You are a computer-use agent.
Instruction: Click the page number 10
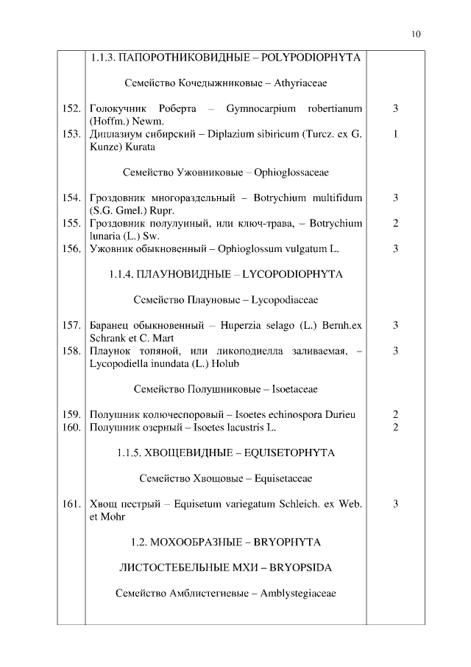coord(417,34)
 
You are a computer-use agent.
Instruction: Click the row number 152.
coord(71,108)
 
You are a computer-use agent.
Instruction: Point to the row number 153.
coord(71,134)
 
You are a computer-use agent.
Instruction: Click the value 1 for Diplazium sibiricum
coord(395,134)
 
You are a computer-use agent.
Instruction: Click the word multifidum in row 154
coord(338,198)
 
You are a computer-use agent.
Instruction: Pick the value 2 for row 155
coord(395,223)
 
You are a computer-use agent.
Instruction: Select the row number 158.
coord(71,351)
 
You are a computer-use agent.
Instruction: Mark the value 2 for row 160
coord(395,427)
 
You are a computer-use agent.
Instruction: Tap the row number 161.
coord(71,504)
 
